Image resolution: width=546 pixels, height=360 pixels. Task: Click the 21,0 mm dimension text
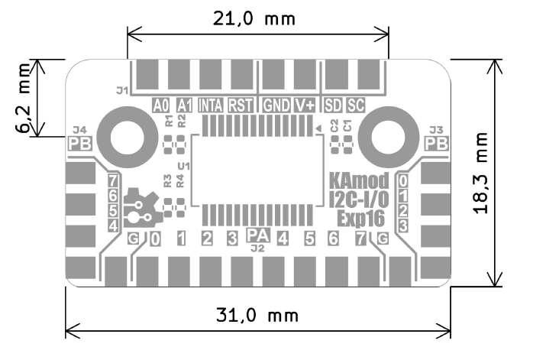pos(257,18)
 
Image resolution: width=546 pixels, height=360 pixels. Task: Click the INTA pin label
pos(211,105)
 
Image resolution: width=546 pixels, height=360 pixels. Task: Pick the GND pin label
pos(274,105)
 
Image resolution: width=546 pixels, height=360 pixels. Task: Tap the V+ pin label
pos(305,105)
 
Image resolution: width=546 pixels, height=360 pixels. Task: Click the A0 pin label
pos(160,105)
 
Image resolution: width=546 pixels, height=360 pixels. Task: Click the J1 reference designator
pos(121,90)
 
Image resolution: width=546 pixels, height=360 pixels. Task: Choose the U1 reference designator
pos(183,165)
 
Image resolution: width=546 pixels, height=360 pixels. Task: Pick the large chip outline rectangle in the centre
pos(256,170)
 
